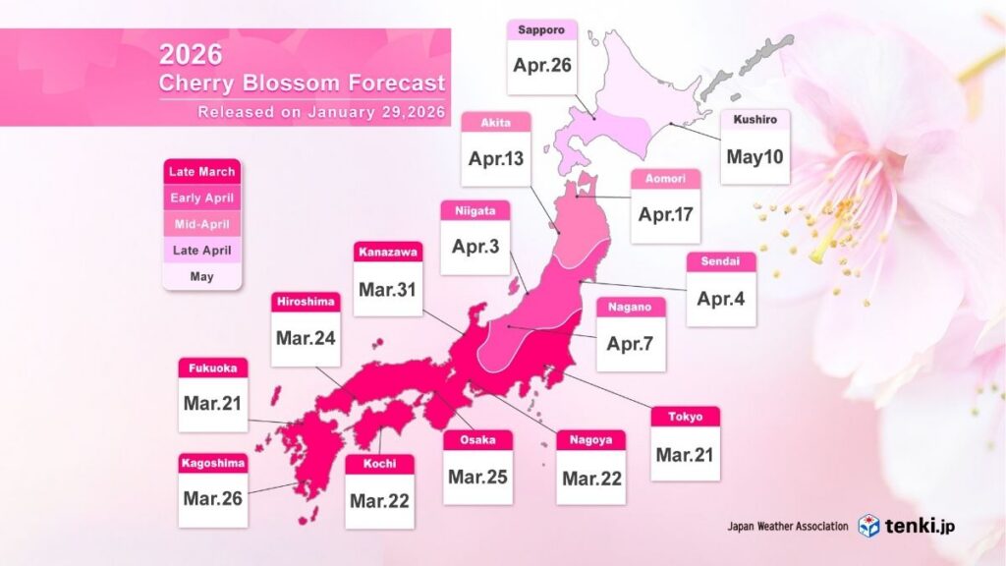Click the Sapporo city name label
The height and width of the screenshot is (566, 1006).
tap(541, 30)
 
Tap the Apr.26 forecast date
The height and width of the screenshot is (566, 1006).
tap(541, 67)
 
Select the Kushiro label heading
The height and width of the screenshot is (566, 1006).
tap(754, 120)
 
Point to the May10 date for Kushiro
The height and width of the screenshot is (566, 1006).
tap(754, 156)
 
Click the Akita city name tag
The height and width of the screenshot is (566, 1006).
tap(495, 123)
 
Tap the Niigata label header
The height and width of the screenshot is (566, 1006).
tap(476, 209)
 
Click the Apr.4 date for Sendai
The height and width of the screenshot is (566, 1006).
tap(721, 298)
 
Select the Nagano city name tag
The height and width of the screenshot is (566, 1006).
tap(631, 308)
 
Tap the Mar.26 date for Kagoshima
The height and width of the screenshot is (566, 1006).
tap(212, 498)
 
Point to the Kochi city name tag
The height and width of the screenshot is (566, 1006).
tap(379, 464)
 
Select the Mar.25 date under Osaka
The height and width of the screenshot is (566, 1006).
tap(477, 477)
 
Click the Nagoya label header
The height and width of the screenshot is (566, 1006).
tap(590, 441)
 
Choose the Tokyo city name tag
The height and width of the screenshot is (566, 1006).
tap(685, 417)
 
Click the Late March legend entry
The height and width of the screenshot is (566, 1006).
tap(201, 172)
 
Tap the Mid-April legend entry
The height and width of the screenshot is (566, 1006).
tap(201, 224)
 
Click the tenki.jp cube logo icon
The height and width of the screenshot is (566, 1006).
tap(868, 526)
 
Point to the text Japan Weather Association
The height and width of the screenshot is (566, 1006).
tap(787, 527)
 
